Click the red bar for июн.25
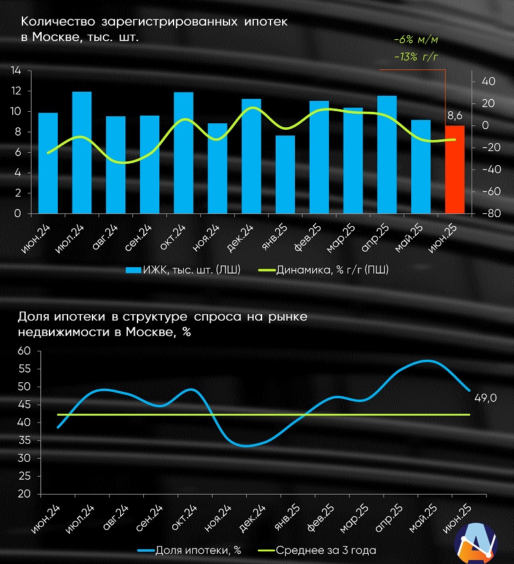click(x=455, y=170)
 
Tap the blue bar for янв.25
click(x=285, y=174)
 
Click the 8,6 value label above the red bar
click(x=455, y=116)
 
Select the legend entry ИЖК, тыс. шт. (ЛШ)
click(x=183, y=270)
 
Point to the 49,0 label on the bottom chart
click(x=485, y=399)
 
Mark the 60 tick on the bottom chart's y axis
click(x=24, y=351)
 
